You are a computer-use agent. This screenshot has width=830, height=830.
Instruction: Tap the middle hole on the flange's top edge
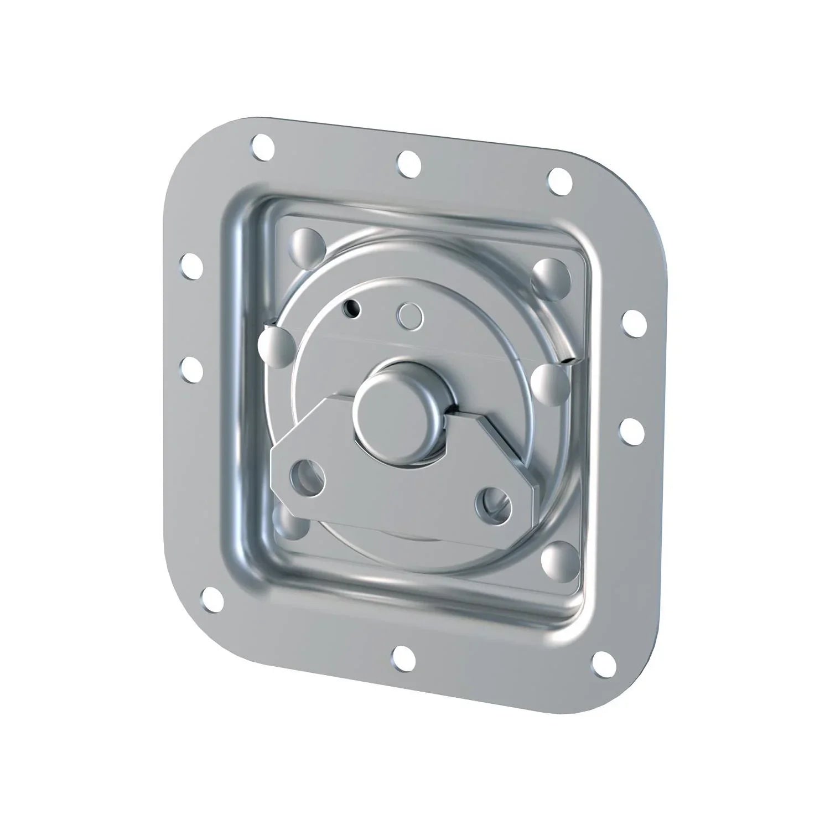coord(408,161)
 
